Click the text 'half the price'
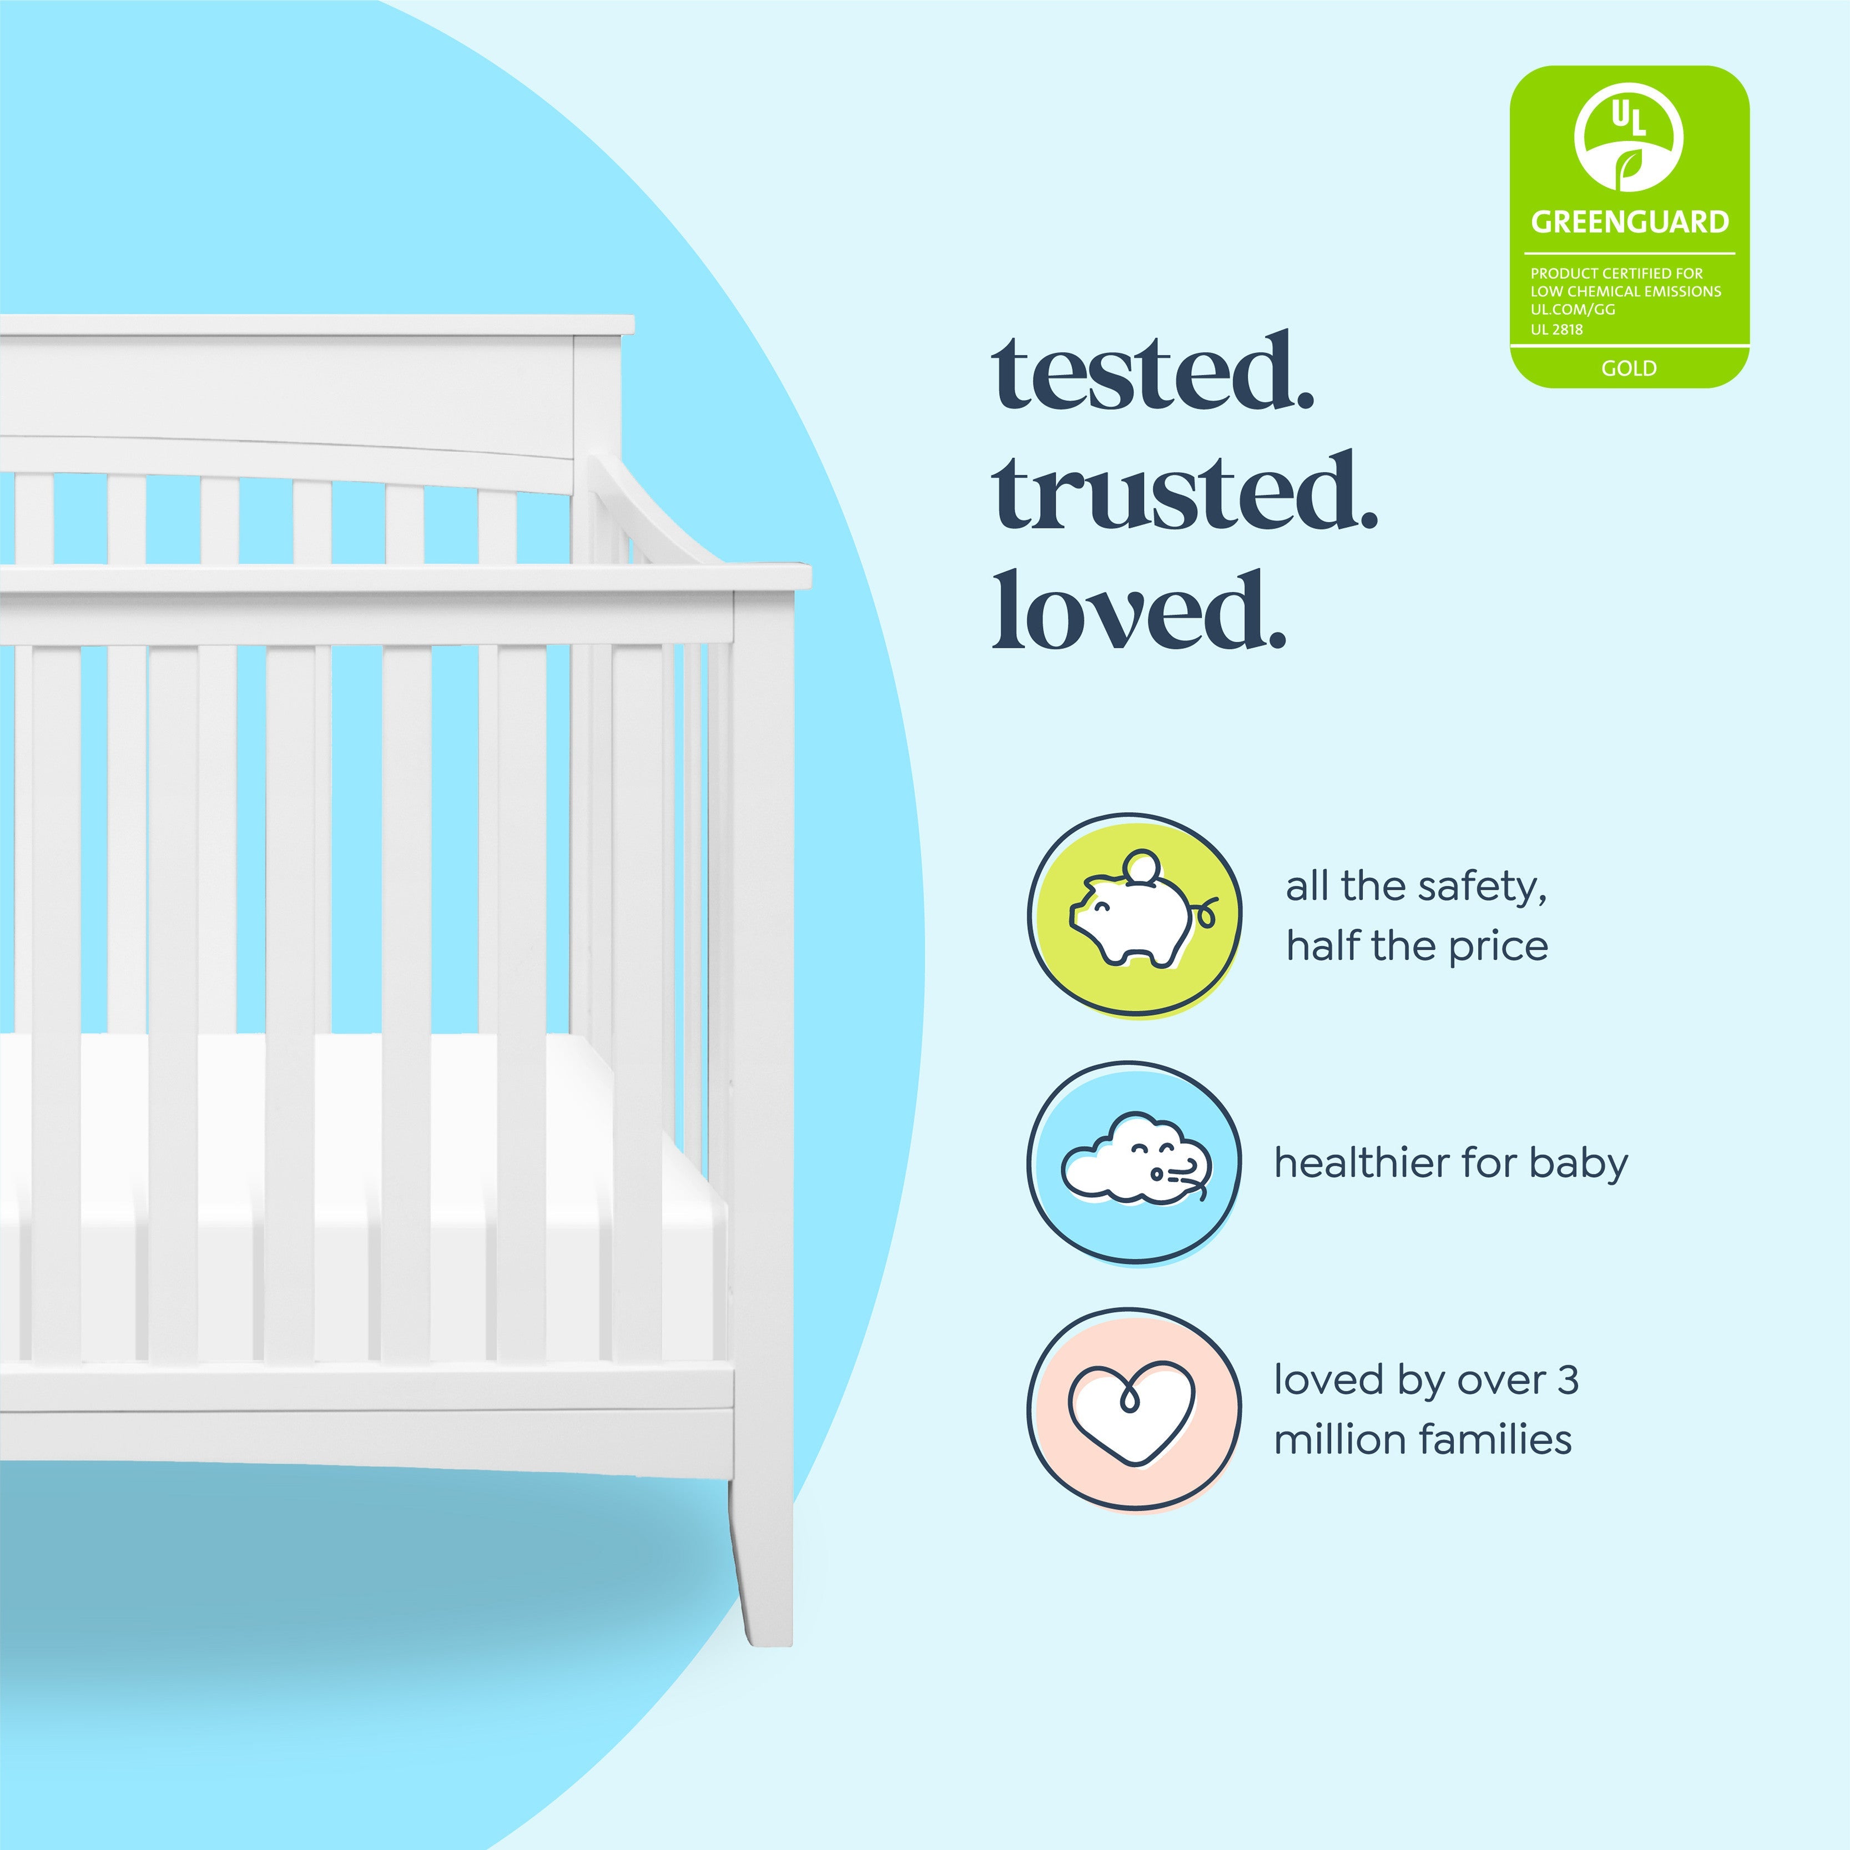pyautogui.click(x=1417, y=946)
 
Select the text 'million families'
pyautogui.click(x=1423, y=1439)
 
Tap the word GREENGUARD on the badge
pyautogui.click(x=1630, y=222)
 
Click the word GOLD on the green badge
pyautogui.click(x=1629, y=367)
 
